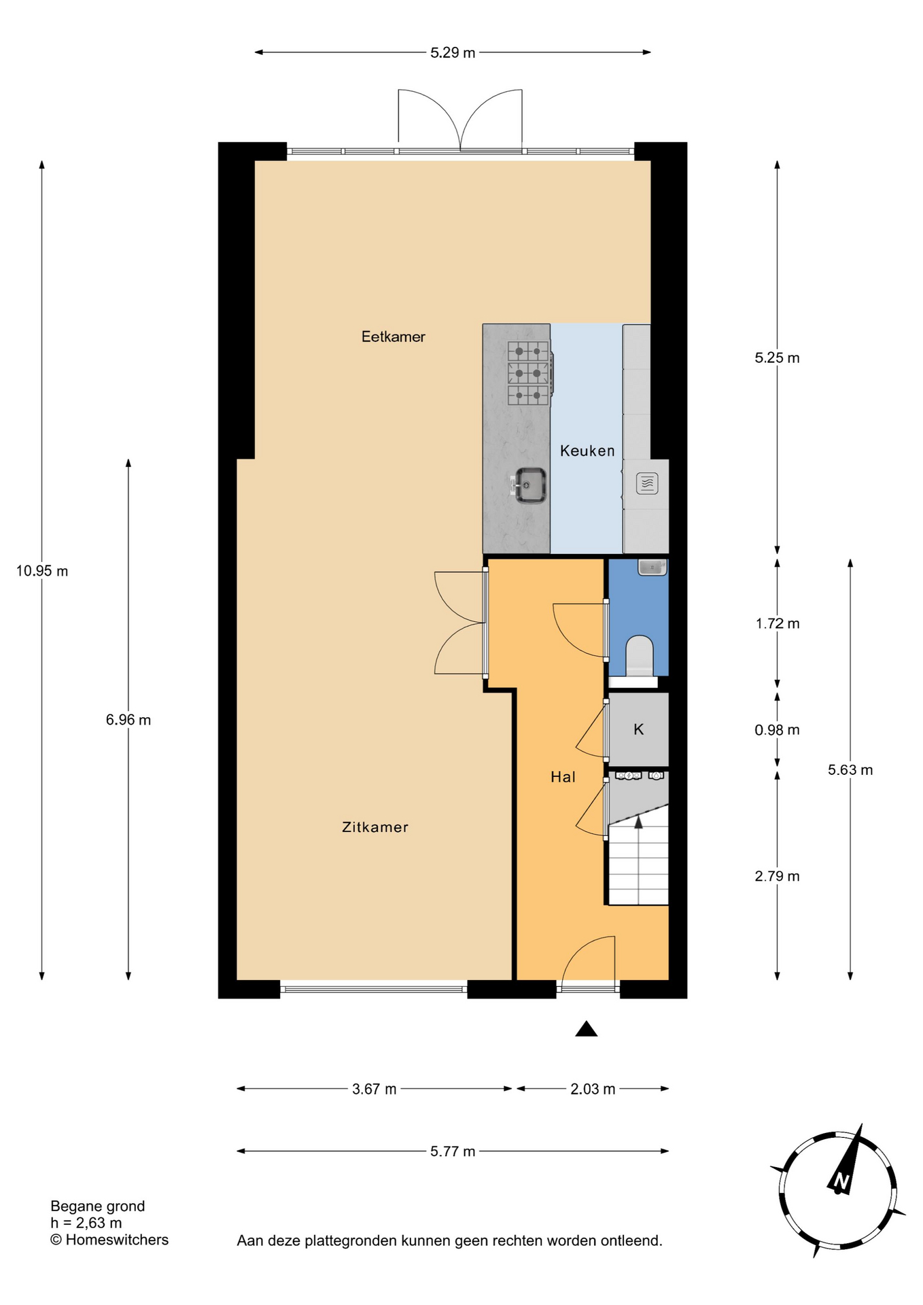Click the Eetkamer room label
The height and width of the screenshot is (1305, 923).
393,336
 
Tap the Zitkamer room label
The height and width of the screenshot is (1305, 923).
375,827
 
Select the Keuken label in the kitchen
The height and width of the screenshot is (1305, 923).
587,451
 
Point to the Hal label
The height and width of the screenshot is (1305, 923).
563,777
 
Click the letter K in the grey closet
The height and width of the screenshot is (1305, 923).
638,729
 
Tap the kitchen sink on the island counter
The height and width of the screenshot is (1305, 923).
528,485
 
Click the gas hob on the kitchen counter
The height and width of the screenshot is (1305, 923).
529,373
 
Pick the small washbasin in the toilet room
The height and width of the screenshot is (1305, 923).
652,567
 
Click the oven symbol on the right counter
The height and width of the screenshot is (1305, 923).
646,483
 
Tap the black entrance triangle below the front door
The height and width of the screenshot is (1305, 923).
587,1029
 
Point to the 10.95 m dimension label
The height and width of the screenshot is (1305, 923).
42,571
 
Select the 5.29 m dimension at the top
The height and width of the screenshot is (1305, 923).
453,52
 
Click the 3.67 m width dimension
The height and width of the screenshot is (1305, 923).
374,1089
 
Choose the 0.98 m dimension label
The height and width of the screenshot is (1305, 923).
777,730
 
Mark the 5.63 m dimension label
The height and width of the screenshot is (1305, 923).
850,770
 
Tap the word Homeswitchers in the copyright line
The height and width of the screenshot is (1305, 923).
117,1240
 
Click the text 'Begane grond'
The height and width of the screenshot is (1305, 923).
98,1206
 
